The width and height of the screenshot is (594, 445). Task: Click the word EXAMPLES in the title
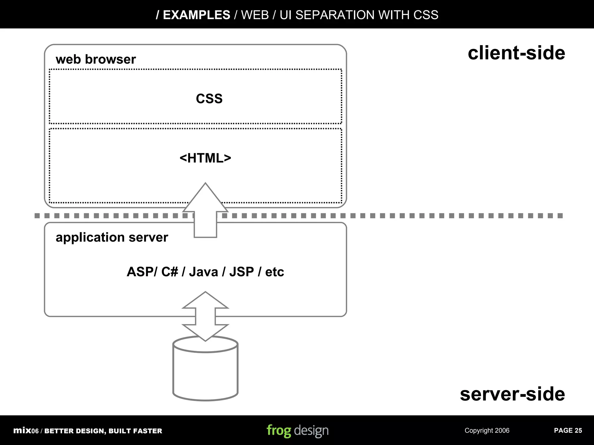point(196,15)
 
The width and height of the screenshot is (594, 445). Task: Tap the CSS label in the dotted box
point(209,99)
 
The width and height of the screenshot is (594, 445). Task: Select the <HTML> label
point(205,158)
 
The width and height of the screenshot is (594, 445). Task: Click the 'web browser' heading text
point(96,59)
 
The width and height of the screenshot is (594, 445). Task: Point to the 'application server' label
point(112,237)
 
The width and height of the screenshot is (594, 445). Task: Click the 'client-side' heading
point(516,53)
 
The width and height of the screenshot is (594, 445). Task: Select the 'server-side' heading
point(512,394)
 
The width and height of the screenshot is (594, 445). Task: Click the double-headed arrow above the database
point(205,316)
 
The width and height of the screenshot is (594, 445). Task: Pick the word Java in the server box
point(203,272)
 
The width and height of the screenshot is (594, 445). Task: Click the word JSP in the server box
point(241,272)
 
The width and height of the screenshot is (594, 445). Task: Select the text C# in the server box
point(169,272)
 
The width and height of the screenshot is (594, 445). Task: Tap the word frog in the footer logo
point(279,431)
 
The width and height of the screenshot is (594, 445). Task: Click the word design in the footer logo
point(311,431)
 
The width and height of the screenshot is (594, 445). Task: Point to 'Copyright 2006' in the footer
point(487,431)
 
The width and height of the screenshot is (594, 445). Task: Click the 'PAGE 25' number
point(568,431)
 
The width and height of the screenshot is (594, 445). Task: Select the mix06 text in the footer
point(26,431)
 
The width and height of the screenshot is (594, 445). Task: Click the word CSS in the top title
point(426,15)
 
